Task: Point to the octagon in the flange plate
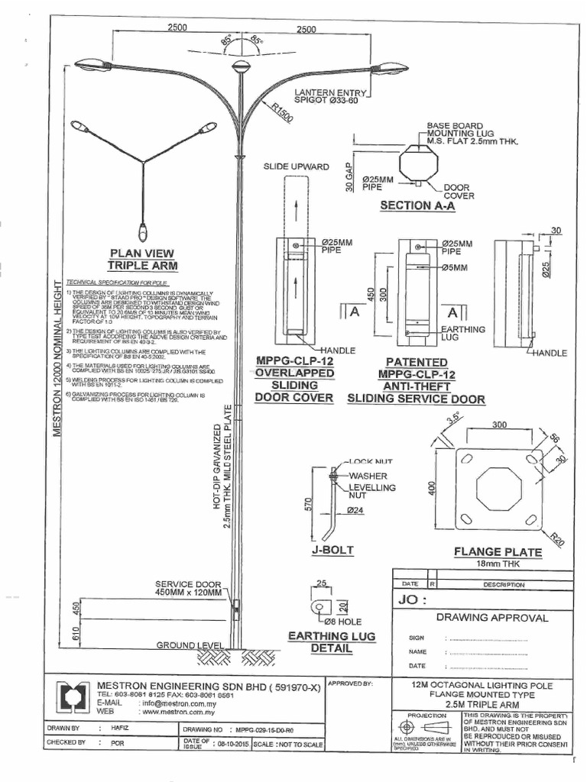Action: coord(498,489)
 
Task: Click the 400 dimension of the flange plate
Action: coord(433,489)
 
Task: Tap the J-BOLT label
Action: coord(332,550)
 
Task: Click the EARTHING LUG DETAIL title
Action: coord(320,642)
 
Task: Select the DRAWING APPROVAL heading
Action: coord(491,617)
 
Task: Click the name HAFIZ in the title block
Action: coord(122,729)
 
